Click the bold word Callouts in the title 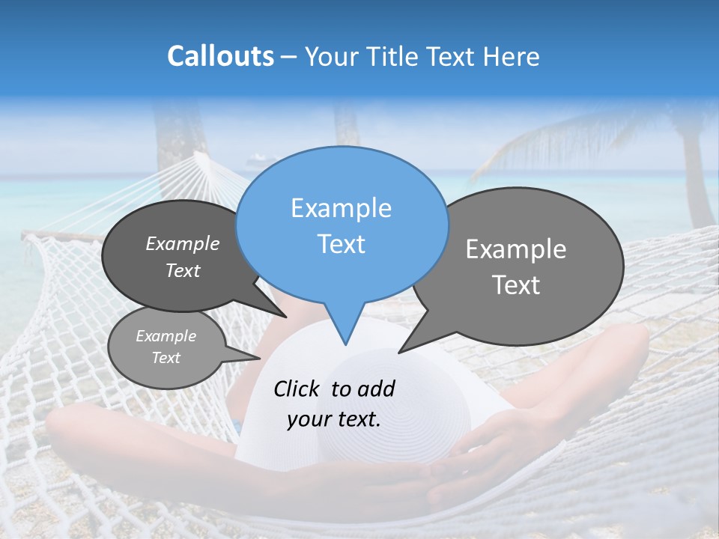(220, 57)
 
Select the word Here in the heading (512, 57)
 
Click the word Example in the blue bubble (341, 208)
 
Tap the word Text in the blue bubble (341, 244)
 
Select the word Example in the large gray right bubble (515, 249)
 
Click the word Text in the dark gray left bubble (183, 270)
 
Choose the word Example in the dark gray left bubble (183, 243)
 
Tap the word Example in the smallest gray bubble (166, 336)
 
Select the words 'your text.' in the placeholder (333, 419)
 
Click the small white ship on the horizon (255, 159)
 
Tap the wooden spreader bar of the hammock (60, 236)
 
